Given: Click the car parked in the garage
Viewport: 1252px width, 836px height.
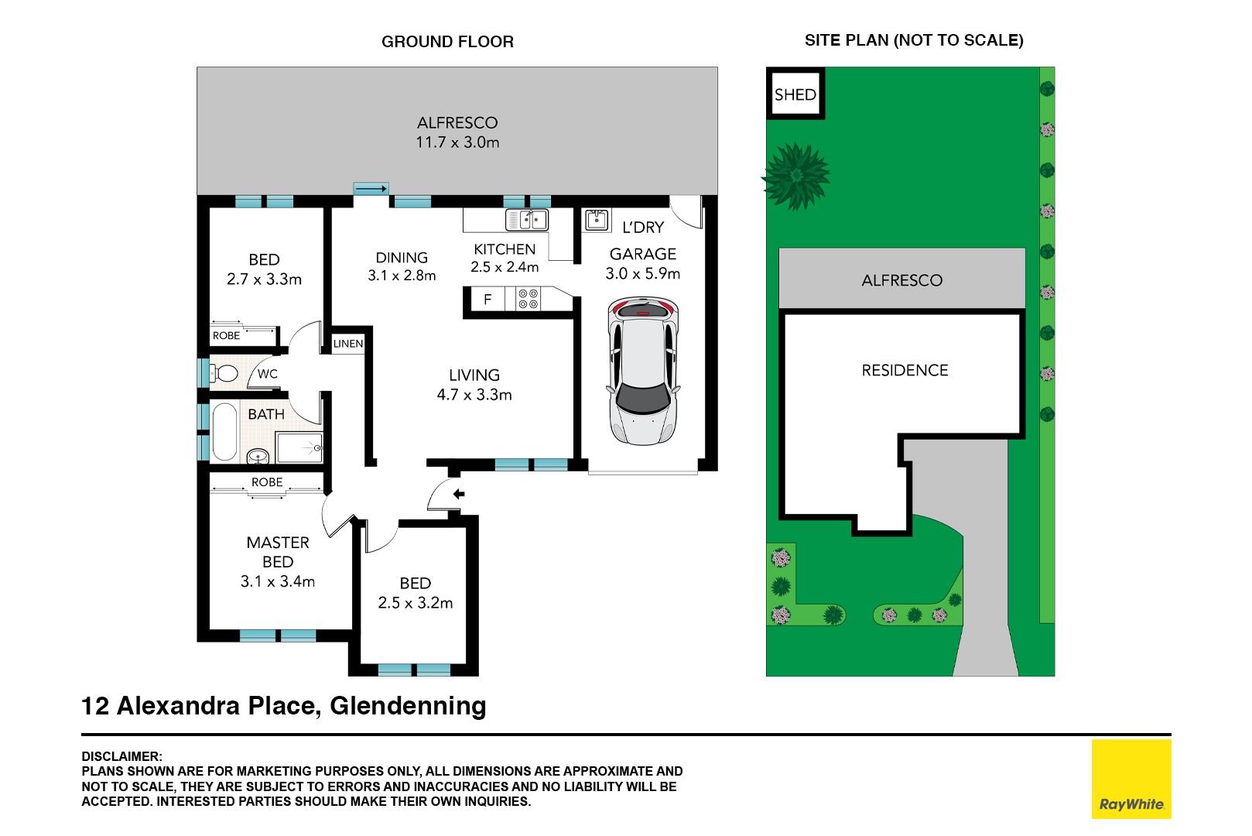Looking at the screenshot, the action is pyautogui.click(x=643, y=371).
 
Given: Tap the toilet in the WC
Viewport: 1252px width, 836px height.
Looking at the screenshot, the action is pyautogui.click(x=224, y=372).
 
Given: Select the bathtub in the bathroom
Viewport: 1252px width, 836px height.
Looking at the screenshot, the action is pyautogui.click(x=224, y=431).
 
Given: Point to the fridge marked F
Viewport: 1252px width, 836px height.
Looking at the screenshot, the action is pyautogui.click(x=487, y=299).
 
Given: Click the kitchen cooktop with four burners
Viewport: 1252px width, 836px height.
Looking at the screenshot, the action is pyautogui.click(x=529, y=299).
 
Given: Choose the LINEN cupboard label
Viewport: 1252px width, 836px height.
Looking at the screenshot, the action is pyautogui.click(x=348, y=344).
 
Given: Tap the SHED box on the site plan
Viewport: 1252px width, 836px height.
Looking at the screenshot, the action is pyautogui.click(x=795, y=94).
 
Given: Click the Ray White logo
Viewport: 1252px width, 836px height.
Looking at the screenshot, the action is pyautogui.click(x=1131, y=779).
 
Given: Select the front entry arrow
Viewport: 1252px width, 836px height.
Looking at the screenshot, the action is pyautogui.click(x=459, y=494).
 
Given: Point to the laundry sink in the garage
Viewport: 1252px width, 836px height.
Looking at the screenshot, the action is pyautogui.click(x=597, y=219).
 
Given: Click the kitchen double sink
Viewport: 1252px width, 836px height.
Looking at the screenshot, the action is pyautogui.click(x=526, y=220).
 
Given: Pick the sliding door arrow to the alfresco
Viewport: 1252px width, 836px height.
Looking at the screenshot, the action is pyautogui.click(x=371, y=189).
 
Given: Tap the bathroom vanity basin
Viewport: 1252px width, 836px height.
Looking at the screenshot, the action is pyautogui.click(x=258, y=456).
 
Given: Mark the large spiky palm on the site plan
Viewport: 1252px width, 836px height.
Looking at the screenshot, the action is pyautogui.click(x=796, y=176).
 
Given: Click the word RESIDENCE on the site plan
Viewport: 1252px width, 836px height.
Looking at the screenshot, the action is pyautogui.click(x=905, y=370).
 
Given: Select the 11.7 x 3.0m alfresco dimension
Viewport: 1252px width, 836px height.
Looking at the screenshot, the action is pyautogui.click(x=457, y=142).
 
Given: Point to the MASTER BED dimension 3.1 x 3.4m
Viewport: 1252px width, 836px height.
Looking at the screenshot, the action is pyautogui.click(x=278, y=581).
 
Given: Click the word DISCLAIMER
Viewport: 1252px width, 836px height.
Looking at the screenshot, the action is pyautogui.click(x=121, y=756).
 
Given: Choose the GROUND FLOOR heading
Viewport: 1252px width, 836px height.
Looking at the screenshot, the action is pyautogui.click(x=447, y=41).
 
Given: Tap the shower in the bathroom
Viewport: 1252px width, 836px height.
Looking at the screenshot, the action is pyautogui.click(x=299, y=447).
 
